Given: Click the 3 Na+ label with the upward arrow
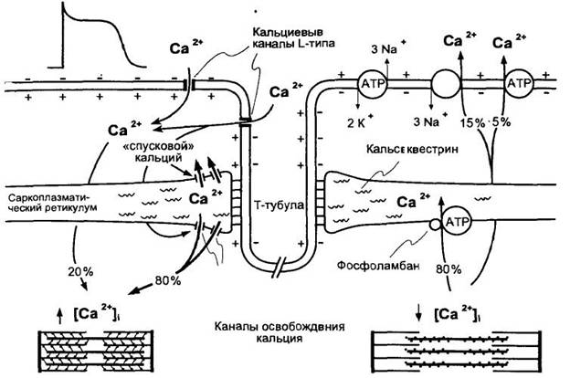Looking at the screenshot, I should tap(386, 48).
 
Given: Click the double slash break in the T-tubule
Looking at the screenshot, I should tap(280, 268).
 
